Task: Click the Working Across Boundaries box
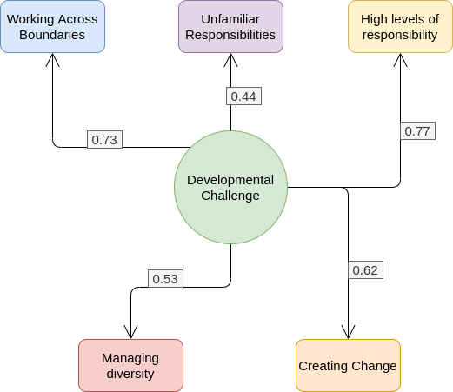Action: [x=52, y=27]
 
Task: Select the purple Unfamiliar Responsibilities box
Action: [x=230, y=27]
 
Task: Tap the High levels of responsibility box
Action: [x=400, y=27]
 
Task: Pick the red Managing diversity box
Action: [x=130, y=365]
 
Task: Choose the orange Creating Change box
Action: [x=348, y=365]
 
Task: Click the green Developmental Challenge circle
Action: [x=230, y=187]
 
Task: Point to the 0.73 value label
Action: [x=104, y=140]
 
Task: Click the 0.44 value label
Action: [x=243, y=96]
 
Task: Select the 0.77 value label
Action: [x=417, y=131]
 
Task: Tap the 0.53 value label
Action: [x=165, y=279]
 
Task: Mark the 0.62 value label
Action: [x=365, y=270]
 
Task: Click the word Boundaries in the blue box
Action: [x=52, y=35]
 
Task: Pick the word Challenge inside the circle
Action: [x=230, y=196]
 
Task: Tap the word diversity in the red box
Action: [x=130, y=374]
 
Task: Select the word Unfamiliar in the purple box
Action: [x=230, y=19]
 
